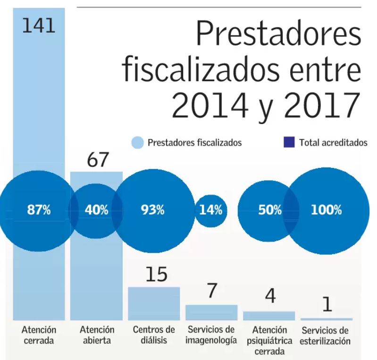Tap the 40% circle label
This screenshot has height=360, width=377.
click(96, 210)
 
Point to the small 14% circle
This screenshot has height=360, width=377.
click(210, 210)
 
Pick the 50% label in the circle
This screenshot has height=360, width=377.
click(269, 210)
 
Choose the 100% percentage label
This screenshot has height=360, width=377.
click(326, 210)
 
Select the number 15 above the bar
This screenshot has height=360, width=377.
click(155, 275)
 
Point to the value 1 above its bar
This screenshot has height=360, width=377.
click(326, 304)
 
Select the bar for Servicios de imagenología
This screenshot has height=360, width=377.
click(211, 312)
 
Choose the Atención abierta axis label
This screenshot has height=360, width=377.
click(96, 334)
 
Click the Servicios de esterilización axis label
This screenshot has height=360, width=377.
click(326, 335)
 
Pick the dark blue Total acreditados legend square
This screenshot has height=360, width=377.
click(291, 142)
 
